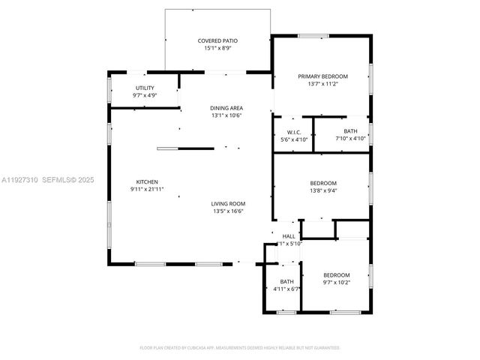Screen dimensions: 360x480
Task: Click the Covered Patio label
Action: click(x=217, y=40)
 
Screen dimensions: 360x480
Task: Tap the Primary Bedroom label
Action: click(x=323, y=76)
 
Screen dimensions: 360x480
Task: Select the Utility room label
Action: click(x=145, y=88)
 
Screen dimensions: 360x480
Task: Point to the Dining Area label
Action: click(x=226, y=108)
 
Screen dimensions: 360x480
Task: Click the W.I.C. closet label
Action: click(x=294, y=132)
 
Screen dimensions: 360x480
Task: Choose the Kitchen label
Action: click(x=146, y=182)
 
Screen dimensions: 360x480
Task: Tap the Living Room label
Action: click(x=229, y=203)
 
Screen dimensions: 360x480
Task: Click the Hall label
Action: click(x=289, y=236)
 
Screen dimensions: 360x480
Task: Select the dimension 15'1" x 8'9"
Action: click(x=217, y=49)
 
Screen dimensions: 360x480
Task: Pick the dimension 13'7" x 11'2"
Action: click(x=323, y=84)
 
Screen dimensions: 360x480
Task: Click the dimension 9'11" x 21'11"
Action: click(x=146, y=190)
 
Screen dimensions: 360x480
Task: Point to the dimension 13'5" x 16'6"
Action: click(x=229, y=211)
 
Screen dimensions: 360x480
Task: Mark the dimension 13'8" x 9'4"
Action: click(x=323, y=190)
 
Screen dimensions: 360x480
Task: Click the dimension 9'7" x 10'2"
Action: click(x=337, y=283)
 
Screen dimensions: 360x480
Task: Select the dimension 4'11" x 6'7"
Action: click(x=286, y=289)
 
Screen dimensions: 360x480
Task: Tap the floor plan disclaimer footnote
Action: click(x=240, y=348)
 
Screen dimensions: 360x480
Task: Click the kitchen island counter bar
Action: click(x=185, y=148)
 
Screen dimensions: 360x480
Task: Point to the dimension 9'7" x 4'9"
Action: click(x=145, y=95)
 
